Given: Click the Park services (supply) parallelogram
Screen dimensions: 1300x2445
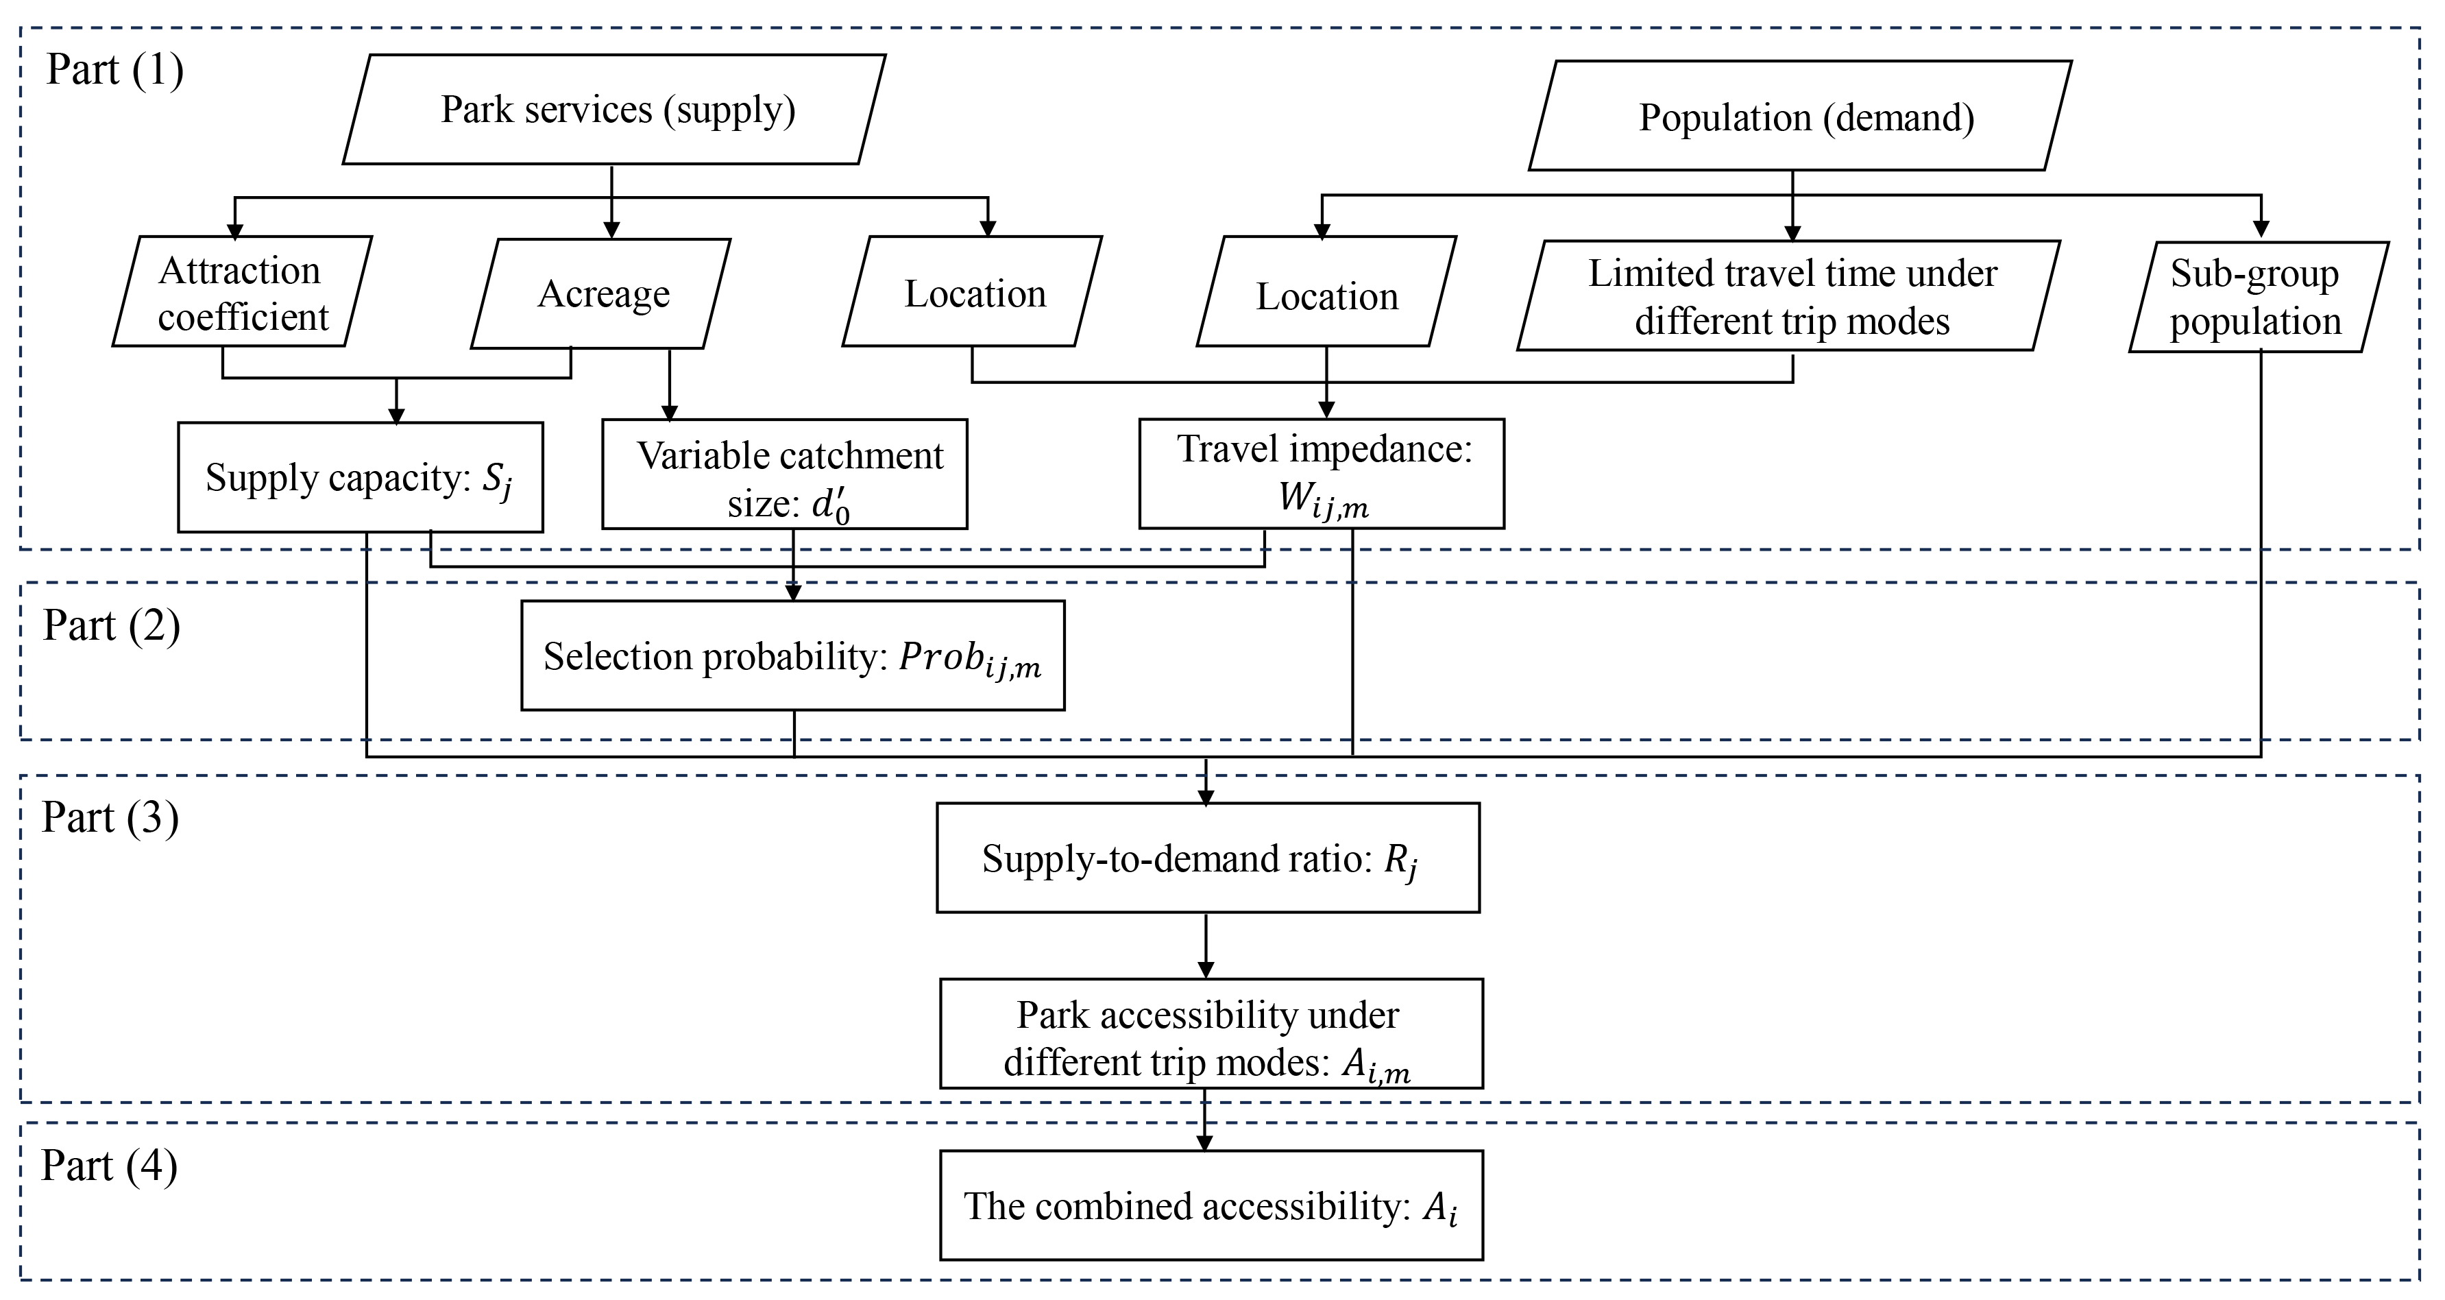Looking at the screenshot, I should click(x=614, y=109).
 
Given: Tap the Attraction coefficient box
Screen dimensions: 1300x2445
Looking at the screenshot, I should click(x=242, y=293).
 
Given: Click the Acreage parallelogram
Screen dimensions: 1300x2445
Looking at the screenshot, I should click(x=602, y=293).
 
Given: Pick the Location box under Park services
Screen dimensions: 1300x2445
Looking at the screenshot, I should click(x=973, y=293).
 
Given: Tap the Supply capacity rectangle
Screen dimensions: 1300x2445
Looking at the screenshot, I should click(x=360, y=477).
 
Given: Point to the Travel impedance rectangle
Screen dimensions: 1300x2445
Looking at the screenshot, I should click(x=1322, y=473).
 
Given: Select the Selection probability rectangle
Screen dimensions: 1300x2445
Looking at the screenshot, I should click(x=792, y=655).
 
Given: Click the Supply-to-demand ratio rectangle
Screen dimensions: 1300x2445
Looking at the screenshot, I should click(x=1207, y=858).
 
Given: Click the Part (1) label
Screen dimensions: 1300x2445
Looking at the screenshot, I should click(x=115, y=70).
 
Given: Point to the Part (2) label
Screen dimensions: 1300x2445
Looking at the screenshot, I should click(x=111, y=626).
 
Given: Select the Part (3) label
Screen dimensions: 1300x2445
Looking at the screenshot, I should click(x=110, y=817).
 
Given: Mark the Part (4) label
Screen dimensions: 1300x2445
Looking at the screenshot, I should click(x=109, y=1165).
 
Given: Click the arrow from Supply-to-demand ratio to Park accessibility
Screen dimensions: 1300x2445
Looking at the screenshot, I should click(x=1206, y=946).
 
